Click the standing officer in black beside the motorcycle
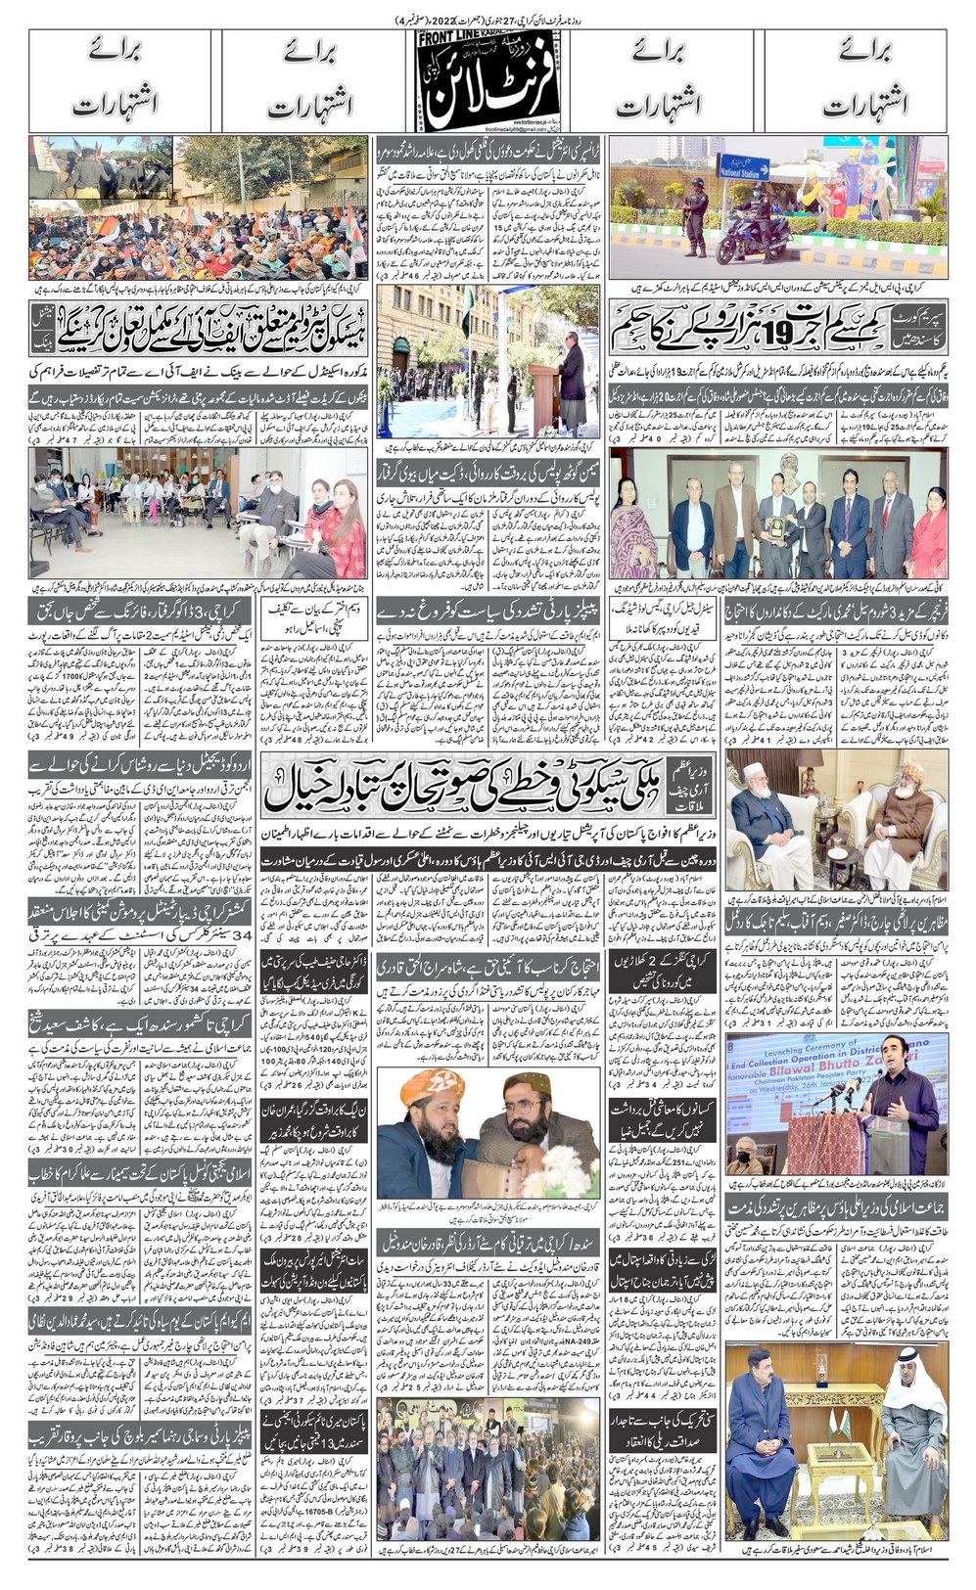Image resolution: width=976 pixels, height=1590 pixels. (696, 219)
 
